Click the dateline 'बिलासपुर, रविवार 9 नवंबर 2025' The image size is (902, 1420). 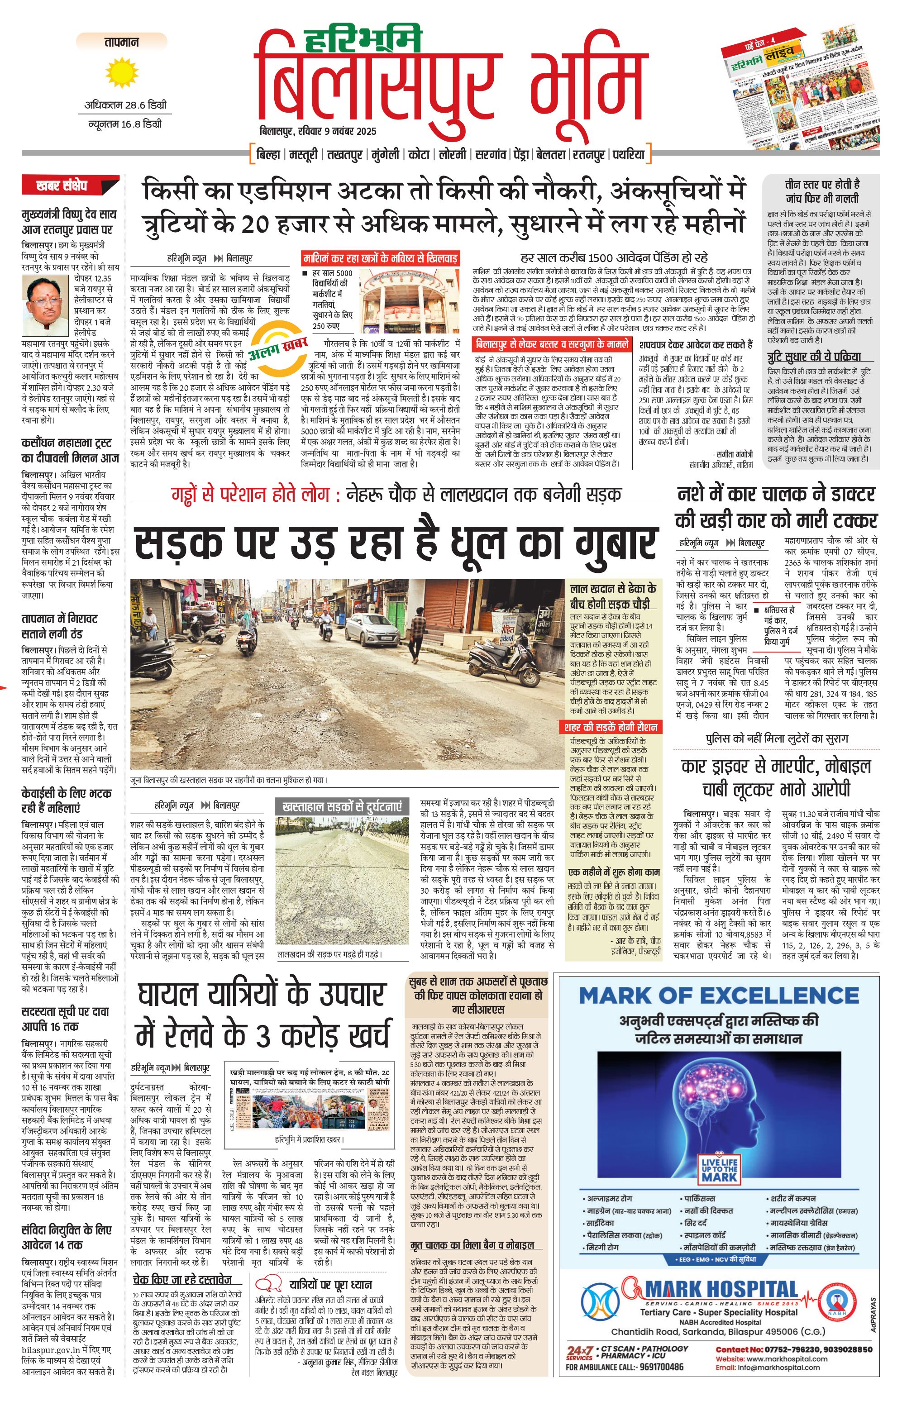pos(318,131)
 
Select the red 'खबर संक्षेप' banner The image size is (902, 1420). pos(66,186)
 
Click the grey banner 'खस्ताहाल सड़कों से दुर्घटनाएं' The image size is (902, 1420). pos(342,805)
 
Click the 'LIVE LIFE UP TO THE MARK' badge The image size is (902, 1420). pos(719,1169)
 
